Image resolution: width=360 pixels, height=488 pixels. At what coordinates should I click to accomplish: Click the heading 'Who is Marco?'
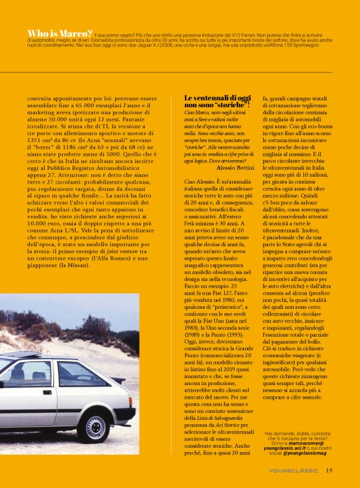(60, 33)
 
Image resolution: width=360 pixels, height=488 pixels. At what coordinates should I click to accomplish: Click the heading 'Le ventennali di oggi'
(218, 98)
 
